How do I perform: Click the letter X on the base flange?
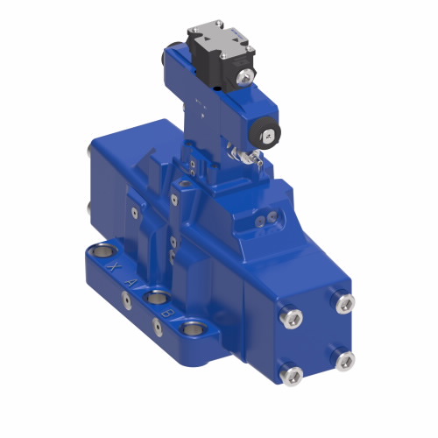[113, 266]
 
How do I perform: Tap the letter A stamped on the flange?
[131, 285]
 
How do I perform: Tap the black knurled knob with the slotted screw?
[266, 132]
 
